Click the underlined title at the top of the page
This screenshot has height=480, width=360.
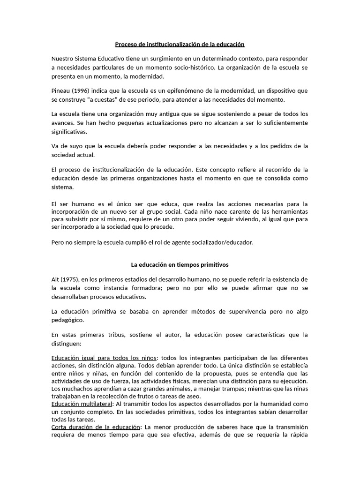pyautogui.click(x=180, y=45)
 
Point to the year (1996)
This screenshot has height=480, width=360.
pyautogui.click(x=83, y=90)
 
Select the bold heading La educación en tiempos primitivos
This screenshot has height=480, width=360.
pyautogui.click(x=180, y=265)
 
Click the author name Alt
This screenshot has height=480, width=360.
pyautogui.click(x=56, y=279)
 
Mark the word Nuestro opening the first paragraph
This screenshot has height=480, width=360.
pyautogui.click(x=63, y=59)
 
